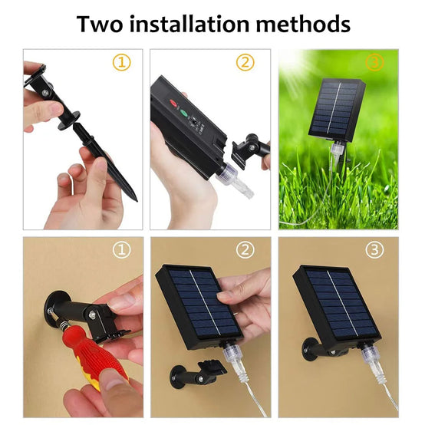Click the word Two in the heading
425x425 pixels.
coord(100,24)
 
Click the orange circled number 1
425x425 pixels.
coord(122,62)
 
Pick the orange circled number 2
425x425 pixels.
coord(245,62)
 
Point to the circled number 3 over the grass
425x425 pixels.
coord(374,62)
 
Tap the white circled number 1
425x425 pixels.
coord(122,249)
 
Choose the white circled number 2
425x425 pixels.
coord(245,249)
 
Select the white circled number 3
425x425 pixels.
coord(374,249)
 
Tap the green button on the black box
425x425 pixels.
coord(184,113)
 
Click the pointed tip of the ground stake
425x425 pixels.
coord(137,201)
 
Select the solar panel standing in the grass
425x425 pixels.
coord(337,110)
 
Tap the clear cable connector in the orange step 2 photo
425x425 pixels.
coord(234,180)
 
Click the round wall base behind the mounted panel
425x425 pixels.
coord(308,350)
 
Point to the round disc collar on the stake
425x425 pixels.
coord(69,121)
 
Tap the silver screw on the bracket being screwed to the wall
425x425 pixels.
coord(92,315)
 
